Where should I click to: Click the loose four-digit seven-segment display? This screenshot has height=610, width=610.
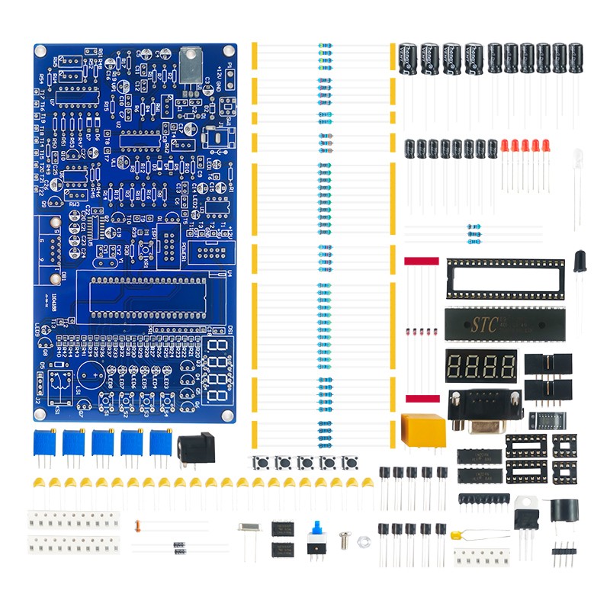(481, 367)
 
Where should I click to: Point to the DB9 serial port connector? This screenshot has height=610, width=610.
(484, 408)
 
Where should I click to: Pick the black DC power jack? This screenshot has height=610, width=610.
(196, 450)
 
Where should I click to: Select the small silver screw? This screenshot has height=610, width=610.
(345, 538)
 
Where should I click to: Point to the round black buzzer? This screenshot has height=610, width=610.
(564, 510)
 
